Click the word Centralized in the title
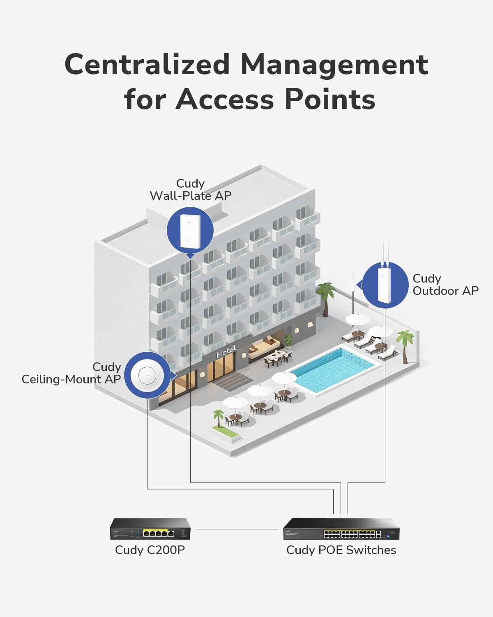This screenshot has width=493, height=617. pos(147,65)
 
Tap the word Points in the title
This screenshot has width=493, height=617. pos(329,100)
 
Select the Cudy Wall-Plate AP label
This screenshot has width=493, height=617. pos(191,190)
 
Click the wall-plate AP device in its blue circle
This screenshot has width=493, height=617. pos(190,231)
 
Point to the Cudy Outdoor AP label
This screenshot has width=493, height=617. pos(445,285)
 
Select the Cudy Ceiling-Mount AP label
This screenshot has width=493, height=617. pos(71,373)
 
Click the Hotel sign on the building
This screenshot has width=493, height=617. pos(226,352)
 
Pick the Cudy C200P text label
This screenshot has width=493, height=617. pos(150,550)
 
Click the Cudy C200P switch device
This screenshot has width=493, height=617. pos(150,529)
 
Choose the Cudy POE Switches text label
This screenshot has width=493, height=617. pos(341,550)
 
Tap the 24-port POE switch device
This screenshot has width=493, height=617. pos(341,529)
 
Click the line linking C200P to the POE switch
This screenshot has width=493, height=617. pos(236,529)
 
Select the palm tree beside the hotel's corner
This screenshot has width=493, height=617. pos(326,296)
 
